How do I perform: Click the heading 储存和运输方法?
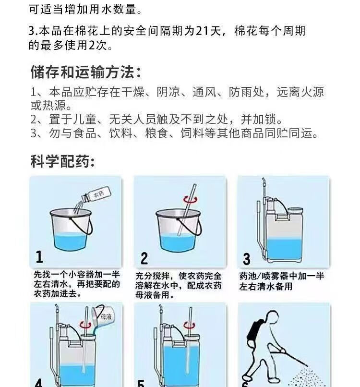coord(83,72)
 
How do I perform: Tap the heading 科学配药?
coord(60,161)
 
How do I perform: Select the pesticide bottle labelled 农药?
coord(96,194)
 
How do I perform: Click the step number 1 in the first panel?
coord(39,257)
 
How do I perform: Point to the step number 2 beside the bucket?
coord(144,258)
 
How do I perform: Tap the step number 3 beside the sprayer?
coord(247,259)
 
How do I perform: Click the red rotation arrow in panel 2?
coord(191,199)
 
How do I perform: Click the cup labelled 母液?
coord(103,317)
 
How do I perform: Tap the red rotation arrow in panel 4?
coord(85,325)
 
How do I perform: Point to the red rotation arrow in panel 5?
coord(190,325)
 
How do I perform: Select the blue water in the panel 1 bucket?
coord(71,242)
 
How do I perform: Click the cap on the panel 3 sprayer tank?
coord(295,211)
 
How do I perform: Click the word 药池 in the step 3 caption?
coord(248,276)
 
